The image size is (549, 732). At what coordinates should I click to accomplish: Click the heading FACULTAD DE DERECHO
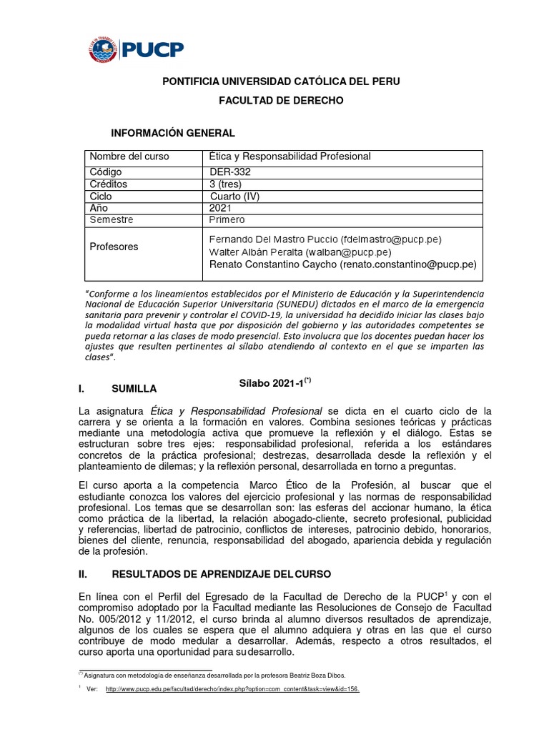click(281, 101)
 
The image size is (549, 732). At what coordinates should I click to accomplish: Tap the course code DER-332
click(230, 172)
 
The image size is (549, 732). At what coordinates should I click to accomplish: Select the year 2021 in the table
click(221, 208)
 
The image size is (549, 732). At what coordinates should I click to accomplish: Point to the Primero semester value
click(227, 219)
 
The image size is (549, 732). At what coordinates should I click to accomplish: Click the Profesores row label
click(114, 247)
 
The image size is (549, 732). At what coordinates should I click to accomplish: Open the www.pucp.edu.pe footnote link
click(232, 689)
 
